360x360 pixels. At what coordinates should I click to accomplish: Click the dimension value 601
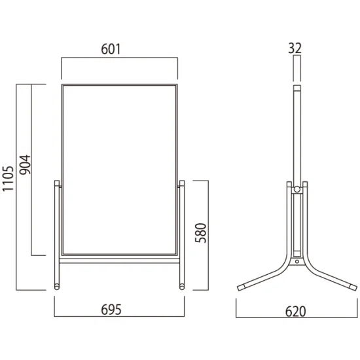(111, 49)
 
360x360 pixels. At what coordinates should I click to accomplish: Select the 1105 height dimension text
(8, 179)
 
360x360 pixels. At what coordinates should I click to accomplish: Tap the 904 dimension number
(25, 165)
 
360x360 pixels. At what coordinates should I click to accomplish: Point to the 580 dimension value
(201, 233)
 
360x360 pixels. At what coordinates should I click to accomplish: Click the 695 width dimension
(111, 310)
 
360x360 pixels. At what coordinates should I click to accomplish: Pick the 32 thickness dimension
(295, 48)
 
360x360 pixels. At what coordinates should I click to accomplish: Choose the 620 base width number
(295, 312)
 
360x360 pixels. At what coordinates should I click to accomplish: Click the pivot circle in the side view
(297, 189)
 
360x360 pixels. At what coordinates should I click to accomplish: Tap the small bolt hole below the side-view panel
(297, 261)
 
